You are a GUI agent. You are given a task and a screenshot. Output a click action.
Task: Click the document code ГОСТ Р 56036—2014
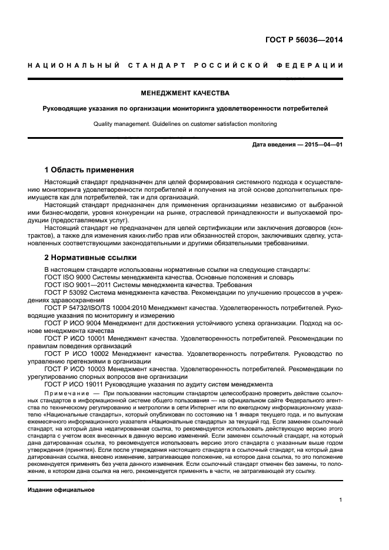[x=304, y=41]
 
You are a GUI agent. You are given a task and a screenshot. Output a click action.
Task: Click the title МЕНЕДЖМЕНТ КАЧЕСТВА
[x=185, y=93]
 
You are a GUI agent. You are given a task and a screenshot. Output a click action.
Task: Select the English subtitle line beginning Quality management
[x=185, y=124]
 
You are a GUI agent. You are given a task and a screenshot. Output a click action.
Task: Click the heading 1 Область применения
[x=89, y=169]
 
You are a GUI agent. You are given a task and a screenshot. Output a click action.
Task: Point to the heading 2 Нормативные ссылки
[x=91, y=258]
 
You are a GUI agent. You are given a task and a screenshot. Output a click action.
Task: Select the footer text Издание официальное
[x=61, y=489]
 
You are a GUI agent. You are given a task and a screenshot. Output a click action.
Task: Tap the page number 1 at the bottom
[x=341, y=500]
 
